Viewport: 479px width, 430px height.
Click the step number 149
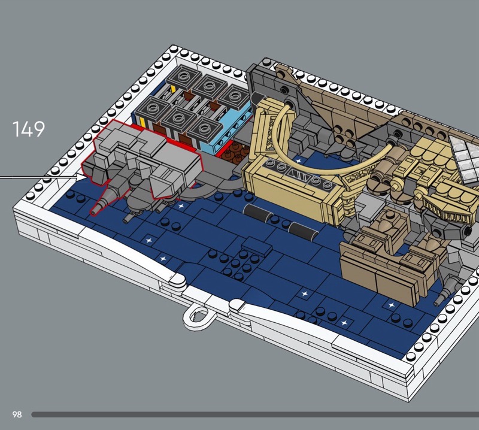28,129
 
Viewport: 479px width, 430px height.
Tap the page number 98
17,414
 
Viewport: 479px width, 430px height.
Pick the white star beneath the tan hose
299,160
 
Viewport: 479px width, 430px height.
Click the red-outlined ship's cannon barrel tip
95,211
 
